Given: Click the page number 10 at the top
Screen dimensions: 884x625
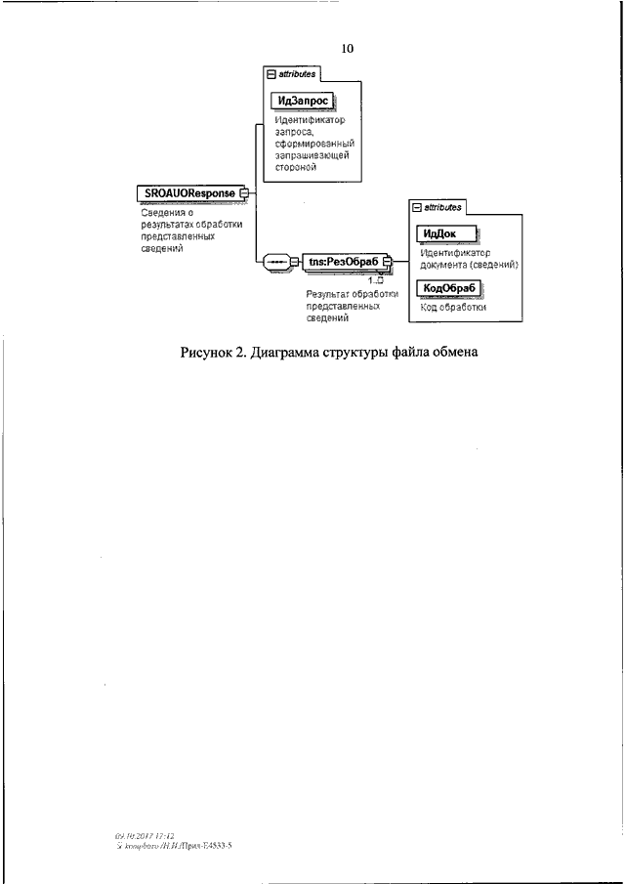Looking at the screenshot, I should coord(348,47).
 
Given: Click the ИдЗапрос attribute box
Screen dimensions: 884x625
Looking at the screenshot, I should coord(302,100).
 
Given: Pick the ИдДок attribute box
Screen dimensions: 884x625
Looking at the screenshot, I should coord(446,233).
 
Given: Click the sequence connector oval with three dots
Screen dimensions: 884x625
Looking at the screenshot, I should coord(277,261).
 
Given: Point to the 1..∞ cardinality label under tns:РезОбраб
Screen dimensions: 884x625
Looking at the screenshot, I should coord(375,280).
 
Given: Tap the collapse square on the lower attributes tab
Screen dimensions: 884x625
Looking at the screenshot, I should coord(417,208).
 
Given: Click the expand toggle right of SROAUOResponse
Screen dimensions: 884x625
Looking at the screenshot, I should coord(245,193).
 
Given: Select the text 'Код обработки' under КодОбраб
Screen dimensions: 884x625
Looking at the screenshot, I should coord(453,307).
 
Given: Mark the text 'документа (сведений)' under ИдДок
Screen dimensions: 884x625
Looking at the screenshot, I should coord(469,264).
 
